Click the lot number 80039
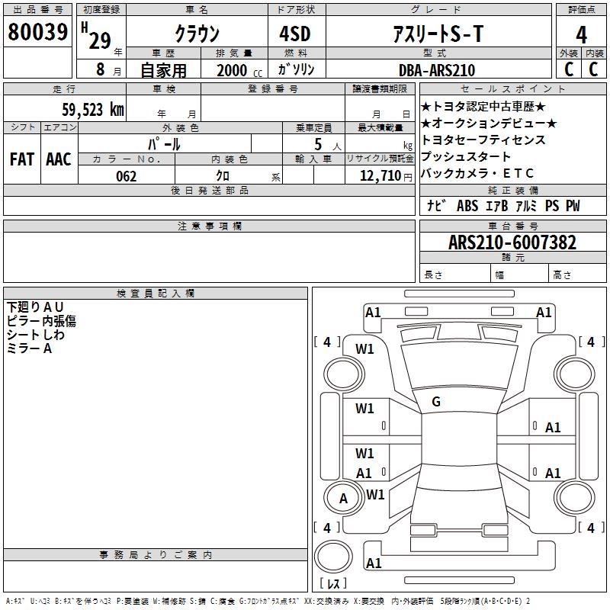click(37, 31)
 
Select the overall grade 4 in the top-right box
click(581, 35)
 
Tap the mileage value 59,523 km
click(93, 110)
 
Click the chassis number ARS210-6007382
click(512, 242)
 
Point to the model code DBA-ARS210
click(437, 70)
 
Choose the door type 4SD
click(295, 34)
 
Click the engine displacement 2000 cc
click(239, 70)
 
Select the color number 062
click(127, 176)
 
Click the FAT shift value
click(22, 159)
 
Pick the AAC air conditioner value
click(59, 159)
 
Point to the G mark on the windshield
click(436, 402)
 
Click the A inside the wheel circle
click(343, 499)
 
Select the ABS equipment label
click(467, 206)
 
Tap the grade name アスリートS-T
click(438, 34)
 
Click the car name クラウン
click(197, 34)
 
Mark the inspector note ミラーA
click(29, 348)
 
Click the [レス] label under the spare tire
click(333, 583)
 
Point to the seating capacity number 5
click(318, 144)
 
